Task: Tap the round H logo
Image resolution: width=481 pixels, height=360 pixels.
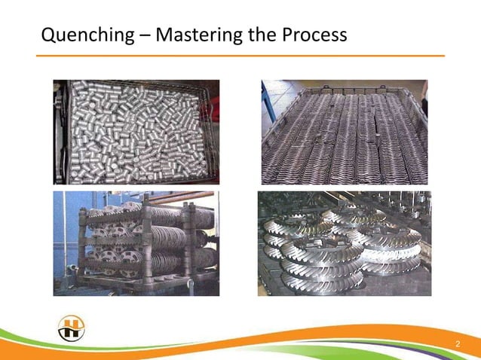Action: click(72, 328)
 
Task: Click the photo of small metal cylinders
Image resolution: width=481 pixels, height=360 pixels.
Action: click(136, 132)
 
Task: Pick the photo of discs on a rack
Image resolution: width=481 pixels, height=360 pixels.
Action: click(136, 243)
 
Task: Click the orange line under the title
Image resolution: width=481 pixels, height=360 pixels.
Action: click(240, 56)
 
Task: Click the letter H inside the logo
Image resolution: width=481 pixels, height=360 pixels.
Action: click(72, 329)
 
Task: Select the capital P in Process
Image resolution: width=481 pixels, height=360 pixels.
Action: click(286, 35)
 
